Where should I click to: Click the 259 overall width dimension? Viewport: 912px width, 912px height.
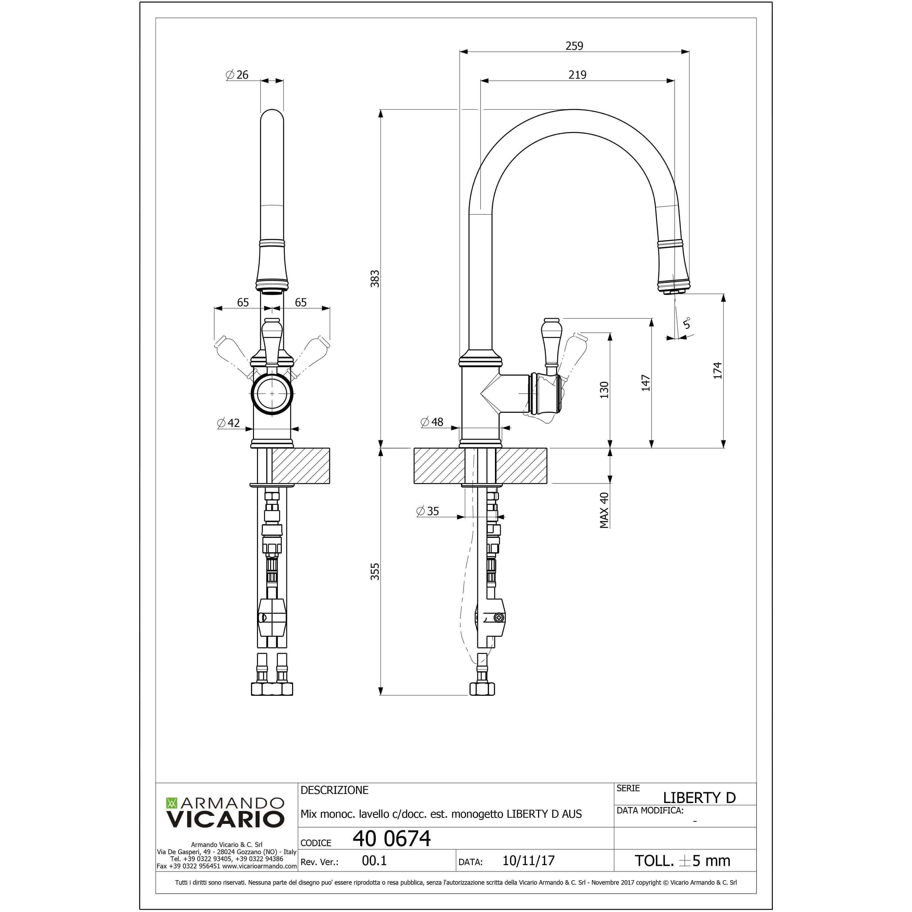[574, 46]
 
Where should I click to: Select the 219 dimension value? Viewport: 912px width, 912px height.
[577, 75]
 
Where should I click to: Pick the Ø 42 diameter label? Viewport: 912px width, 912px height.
[229, 423]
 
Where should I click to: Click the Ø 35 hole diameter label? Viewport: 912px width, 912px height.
[428, 511]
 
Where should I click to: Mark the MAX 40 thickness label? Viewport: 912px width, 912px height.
[604, 510]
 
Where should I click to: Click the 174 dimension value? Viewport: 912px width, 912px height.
[717, 370]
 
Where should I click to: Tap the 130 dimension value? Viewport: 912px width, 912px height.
[604, 390]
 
